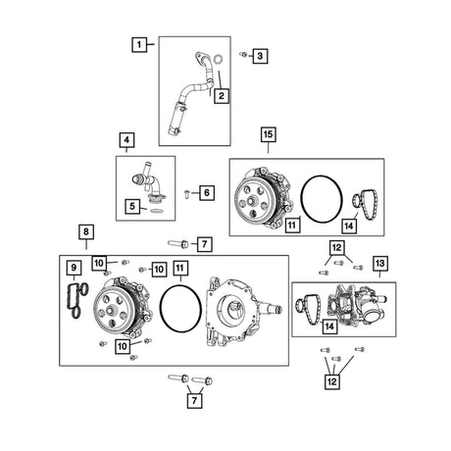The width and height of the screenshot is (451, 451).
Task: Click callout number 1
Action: pyautogui.click(x=139, y=44)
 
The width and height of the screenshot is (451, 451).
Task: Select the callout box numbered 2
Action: pyautogui.click(x=222, y=96)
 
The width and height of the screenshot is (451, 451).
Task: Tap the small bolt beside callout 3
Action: pyautogui.click(x=243, y=54)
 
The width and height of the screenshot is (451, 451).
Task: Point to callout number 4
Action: pyautogui.click(x=126, y=140)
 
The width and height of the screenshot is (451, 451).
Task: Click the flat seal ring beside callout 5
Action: pyautogui.click(x=157, y=210)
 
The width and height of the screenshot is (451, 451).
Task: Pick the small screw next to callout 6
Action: pyautogui.click(x=187, y=193)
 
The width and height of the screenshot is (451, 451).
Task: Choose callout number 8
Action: pyautogui.click(x=86, y=232)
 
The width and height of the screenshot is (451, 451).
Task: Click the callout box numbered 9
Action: pyautogui.click(x=74, y=268)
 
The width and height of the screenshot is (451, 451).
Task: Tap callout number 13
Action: pyautogui.click(x=380, y=263)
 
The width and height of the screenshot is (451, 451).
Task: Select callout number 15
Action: pyautogui.click(x=268, y=134)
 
